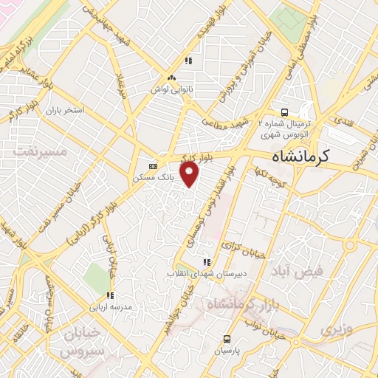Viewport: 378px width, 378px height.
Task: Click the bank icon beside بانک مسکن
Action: [153, 166]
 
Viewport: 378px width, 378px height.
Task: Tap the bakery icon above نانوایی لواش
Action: [172, 78]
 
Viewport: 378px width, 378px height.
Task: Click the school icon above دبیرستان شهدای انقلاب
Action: [207, 262]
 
